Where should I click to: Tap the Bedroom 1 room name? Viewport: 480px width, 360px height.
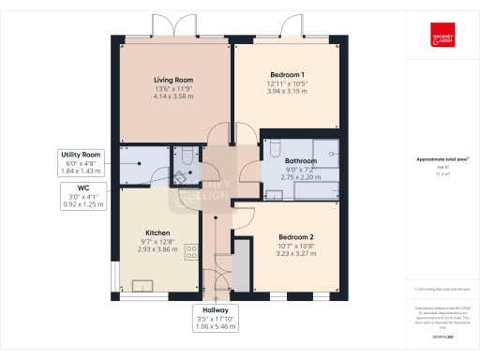[x=288, y=74]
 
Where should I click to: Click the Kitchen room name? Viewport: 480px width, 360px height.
[x=157, y=232]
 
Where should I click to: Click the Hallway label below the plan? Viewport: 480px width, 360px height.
[x=215, y=309]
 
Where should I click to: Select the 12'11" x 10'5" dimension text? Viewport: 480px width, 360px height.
[x=288, y=83]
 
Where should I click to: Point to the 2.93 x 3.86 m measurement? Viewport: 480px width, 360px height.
[x=157, y=250]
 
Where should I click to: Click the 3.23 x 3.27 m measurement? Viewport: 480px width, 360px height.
[x=295, y=253]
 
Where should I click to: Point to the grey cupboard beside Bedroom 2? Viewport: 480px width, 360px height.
[x=242, y=266]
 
